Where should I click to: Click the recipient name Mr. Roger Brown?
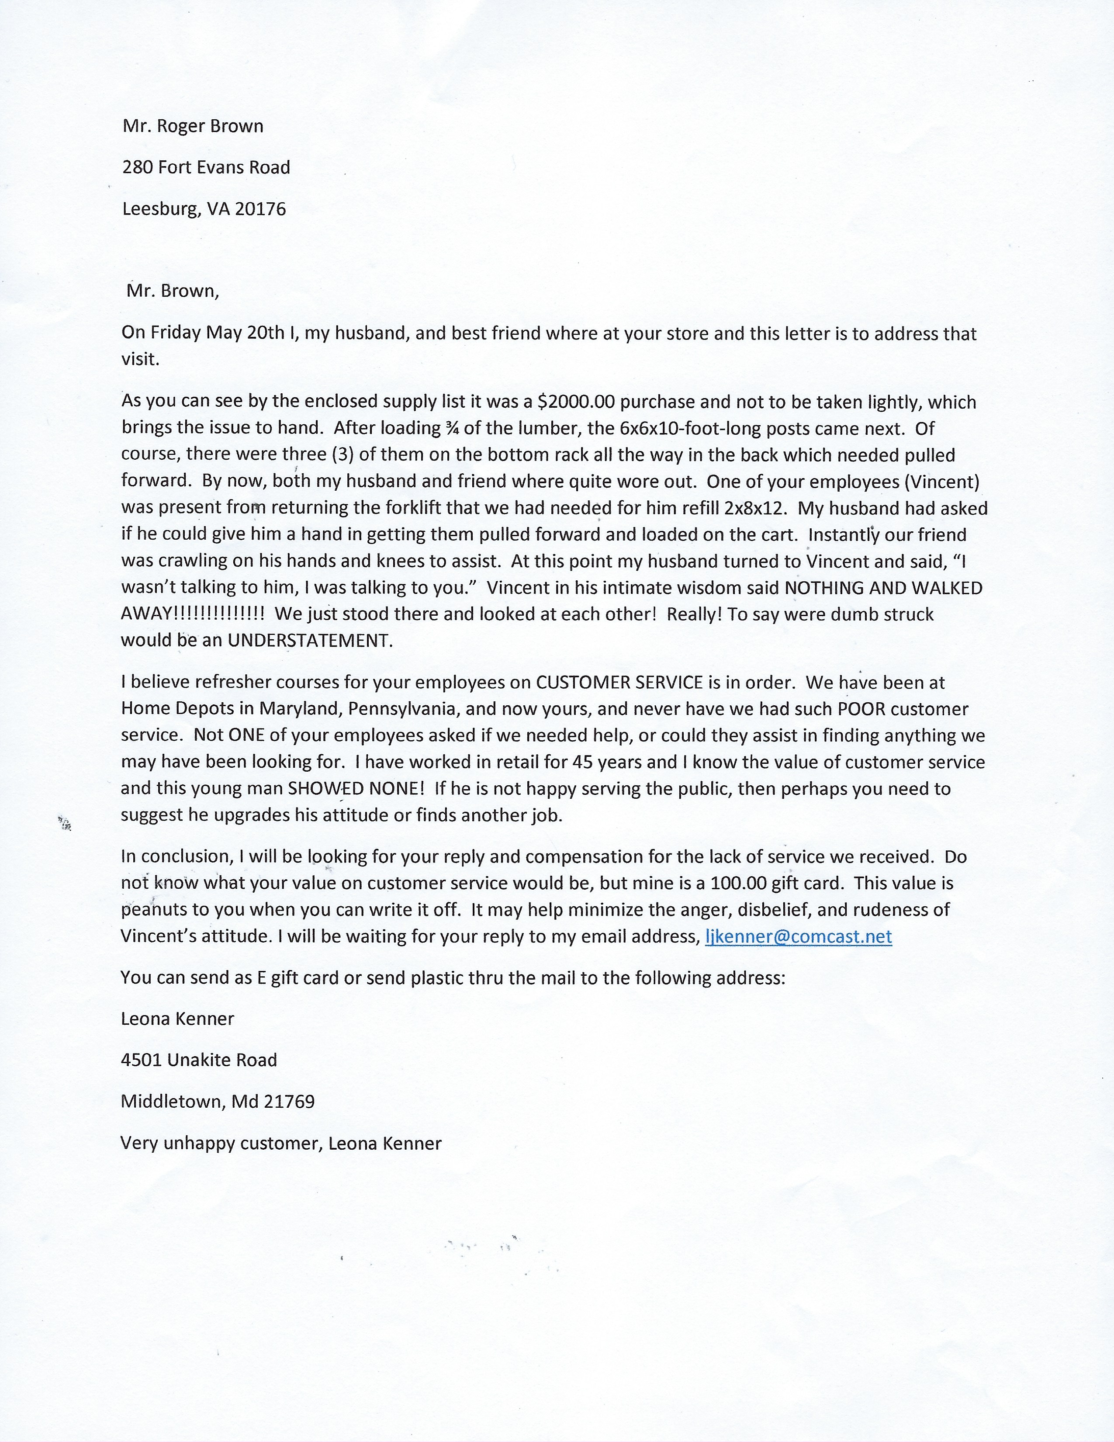pyautogui.click(x=193, y=126)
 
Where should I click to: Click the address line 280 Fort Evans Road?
pyautogui.click(x=206, y=168)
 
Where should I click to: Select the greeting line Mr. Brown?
pyautogui.click(x=172, y=291)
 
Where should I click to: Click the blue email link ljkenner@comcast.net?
pyautogui.click(x=799, y=936)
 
